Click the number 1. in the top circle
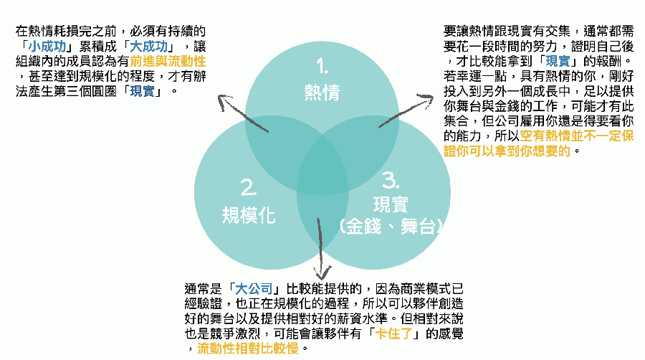pos(322,66)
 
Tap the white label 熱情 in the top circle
pos(322,93)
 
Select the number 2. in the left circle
pos(249,188)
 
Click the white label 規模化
pos(249,214)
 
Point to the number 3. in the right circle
pos(391,180)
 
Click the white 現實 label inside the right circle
pos(391,204)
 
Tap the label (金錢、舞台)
pos(391,227)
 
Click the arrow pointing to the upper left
pos(243,113)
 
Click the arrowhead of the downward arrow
pos(322,273)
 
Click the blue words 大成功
pos(148,46)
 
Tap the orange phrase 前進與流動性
pos(168,61)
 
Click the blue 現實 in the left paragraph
pos(142,91)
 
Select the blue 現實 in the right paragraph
pos(558,61)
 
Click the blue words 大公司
pos(254,289)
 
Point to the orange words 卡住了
pos(393,333)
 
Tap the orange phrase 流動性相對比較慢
pos(248,349)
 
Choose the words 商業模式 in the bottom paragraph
pos(413,289)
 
